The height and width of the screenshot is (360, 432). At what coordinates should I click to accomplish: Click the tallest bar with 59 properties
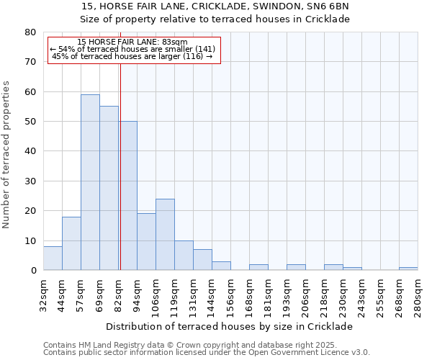coord(90,182)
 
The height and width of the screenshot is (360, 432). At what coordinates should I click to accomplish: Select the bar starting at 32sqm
coord(53,258)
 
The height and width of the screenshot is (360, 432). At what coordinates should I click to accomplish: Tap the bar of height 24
coord(165,235)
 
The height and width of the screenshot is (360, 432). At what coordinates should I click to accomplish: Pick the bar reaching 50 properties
coord(128,196)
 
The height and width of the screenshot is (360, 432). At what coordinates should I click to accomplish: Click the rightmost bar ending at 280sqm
coord(408,269)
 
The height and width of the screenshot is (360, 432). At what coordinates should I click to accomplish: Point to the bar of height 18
coord(71,243)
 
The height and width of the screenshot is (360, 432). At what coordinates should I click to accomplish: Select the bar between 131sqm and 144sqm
coord(202,260)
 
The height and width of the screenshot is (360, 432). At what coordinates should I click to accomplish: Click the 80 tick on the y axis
coord(30,32)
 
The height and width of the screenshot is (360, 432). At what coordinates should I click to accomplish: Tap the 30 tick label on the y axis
coord(30,181)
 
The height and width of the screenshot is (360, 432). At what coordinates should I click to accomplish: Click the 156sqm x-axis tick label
coord(230,294)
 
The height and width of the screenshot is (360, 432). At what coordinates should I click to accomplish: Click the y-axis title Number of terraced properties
coord(6,154)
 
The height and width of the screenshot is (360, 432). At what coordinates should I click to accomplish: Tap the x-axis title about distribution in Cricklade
coord(234,326)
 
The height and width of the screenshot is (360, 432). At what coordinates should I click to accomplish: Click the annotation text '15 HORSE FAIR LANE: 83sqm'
coord(132,42)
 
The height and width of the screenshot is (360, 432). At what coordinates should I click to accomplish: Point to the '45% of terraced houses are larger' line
coord(132,56)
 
